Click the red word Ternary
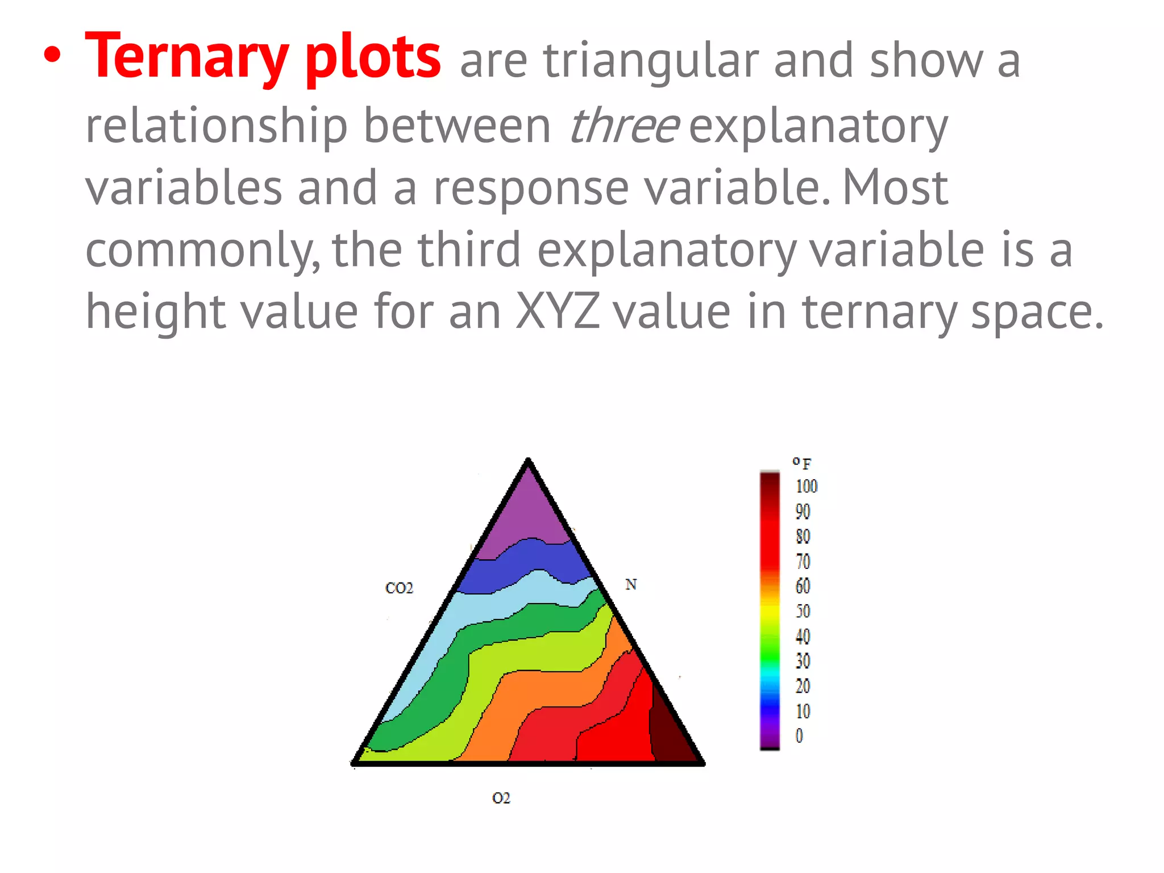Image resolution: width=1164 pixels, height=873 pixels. pos(186,57)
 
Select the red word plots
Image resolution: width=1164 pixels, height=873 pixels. pos(373,57)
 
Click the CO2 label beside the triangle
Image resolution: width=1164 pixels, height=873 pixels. pos(399,588)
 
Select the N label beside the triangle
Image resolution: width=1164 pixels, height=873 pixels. pos(631,584)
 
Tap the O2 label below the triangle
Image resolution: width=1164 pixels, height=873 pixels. pos(501,798)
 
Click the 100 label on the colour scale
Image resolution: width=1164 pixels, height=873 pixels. pos(806,487)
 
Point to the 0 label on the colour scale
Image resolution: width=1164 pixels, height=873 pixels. pos(799,736)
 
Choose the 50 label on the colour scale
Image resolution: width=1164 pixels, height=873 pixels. pos(803,612)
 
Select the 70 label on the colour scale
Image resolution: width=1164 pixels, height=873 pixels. pos(803,562)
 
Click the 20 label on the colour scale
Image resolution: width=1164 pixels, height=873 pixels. pos(803,686)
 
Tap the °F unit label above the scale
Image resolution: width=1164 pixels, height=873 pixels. pos(802,463)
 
